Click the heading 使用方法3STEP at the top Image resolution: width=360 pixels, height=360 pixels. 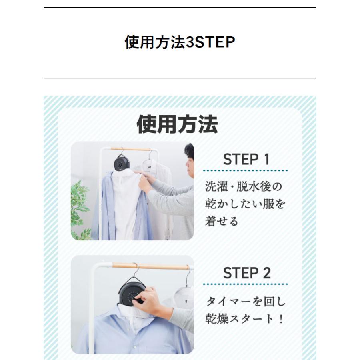point(180,42)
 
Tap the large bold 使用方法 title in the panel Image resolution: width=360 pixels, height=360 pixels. point(177,124)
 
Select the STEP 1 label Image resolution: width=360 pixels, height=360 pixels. point(246,159)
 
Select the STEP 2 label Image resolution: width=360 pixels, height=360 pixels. point(246,273)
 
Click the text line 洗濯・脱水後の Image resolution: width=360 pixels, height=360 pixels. point(243,186)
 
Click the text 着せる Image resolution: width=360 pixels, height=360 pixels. point(222,221)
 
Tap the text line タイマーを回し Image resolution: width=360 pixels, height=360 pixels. point(246,301)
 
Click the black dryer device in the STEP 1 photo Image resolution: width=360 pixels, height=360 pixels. point(121,163)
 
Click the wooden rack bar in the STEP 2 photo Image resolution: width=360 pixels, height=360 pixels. point(150,266)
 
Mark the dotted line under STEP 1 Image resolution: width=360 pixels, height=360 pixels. point(245,170)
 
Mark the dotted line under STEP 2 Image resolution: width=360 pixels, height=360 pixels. point(245,284)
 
